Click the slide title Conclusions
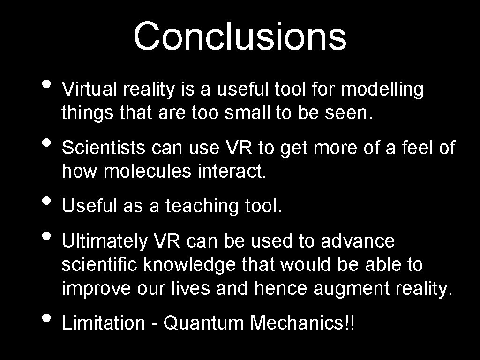coord(240,37)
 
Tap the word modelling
coord(382,90)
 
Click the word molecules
coord(147,172)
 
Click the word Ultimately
coord(104,241)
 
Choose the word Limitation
coord(104,323)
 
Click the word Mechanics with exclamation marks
coord(303,323)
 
